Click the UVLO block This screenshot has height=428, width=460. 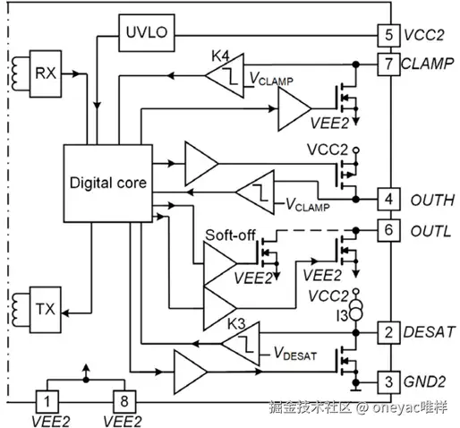(147, 33)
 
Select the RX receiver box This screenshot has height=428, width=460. (46, 73)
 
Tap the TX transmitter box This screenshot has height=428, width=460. (46, 310)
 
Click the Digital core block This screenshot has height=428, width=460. (108, 184)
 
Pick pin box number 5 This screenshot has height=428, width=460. (388, 36)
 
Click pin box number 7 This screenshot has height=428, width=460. (388, 64)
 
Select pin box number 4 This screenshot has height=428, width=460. (388, 199)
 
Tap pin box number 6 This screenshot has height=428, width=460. (388, 230)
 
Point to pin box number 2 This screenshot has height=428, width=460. (388, 332)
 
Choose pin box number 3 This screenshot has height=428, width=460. (388, 382)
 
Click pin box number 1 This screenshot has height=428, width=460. (47, 402)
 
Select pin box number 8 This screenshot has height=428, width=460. (124, 402)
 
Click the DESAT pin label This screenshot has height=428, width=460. (429, 332)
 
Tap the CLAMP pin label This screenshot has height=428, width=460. (428, 64)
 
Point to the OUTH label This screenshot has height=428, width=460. (432, 200)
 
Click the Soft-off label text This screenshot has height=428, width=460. (230, 235)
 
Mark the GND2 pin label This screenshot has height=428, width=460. (424, 381)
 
